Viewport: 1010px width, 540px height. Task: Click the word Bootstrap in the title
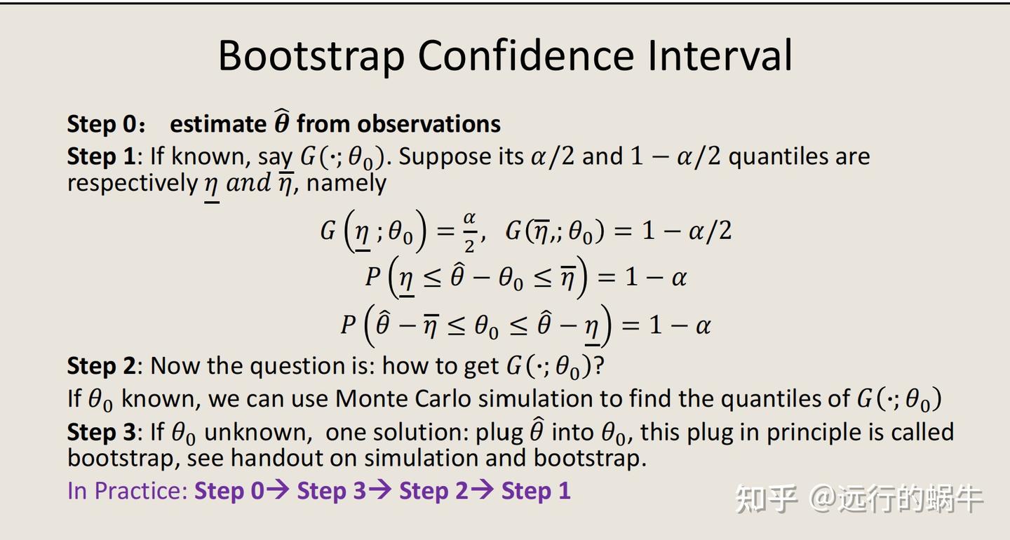click(311, 56)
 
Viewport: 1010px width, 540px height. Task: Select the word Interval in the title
click(719, 56)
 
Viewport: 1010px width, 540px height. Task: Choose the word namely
click(346, 184)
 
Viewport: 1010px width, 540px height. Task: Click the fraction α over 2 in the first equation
click(469, 232)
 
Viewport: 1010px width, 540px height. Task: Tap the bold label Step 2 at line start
click(100, 365)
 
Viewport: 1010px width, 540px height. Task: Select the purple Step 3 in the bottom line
click(332, 491)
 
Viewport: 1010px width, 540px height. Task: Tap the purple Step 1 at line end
click(535, 491)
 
